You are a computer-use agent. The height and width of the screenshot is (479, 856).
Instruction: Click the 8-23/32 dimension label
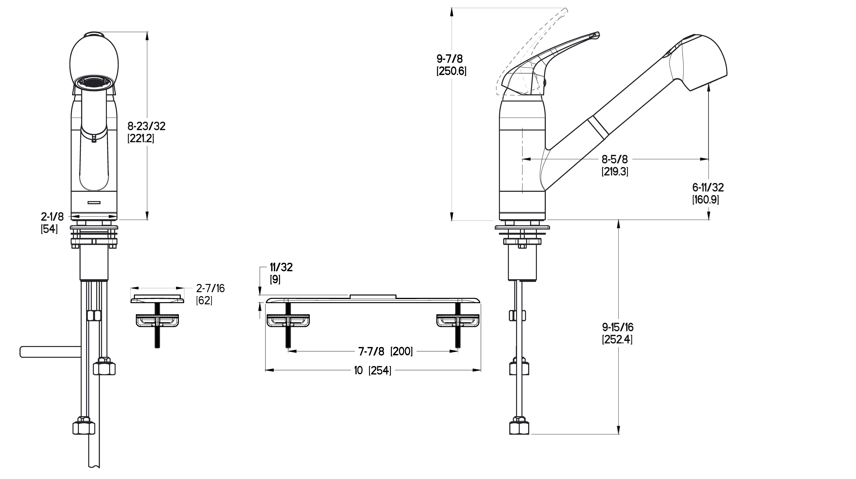tap(147, 126)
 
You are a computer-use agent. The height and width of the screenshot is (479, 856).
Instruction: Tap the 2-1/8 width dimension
tap(52, 217)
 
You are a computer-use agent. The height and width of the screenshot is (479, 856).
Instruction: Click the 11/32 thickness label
tap(281, 267)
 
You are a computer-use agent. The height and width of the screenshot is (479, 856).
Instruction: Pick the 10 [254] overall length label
tap(372, 370)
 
